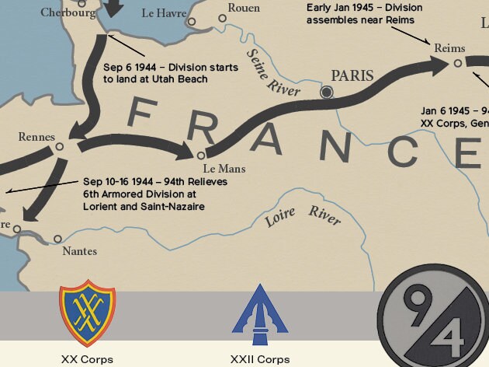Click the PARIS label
tap(352, 76)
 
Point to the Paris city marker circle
tap(327, 93)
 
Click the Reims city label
tap(449, 48)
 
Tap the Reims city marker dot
tap(458, 63)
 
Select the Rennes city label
tap(37, 138)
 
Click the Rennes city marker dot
tap(60, 146)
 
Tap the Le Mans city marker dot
tap(201, 155)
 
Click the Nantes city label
tap(81, 250)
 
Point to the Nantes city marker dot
tap(57, 239)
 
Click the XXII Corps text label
tap(259, 359)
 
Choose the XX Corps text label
tap(87, 359)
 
